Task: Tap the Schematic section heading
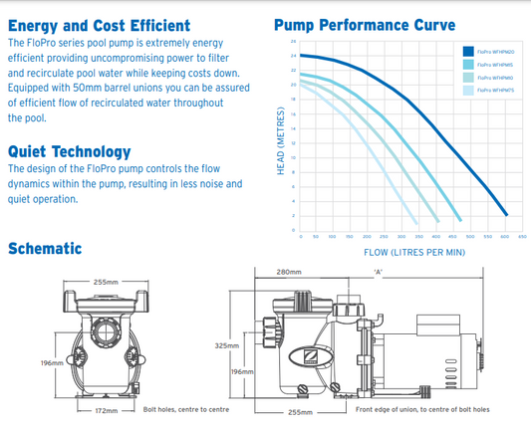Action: [45, 248]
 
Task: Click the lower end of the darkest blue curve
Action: [506, 215]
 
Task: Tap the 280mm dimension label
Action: [288, 271]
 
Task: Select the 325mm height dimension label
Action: [227, 345]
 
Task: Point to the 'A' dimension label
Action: [378, 271]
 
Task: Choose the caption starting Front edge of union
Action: [421, 409]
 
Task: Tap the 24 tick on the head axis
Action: [293, 57]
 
